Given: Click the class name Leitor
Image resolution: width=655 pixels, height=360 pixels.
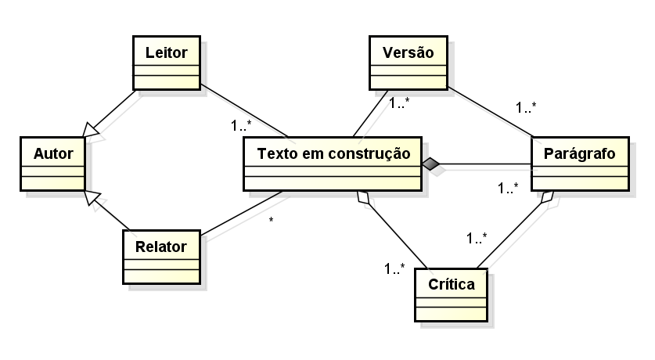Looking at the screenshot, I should point(166,52).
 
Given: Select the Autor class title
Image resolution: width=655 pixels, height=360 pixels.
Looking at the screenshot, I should point(52,153).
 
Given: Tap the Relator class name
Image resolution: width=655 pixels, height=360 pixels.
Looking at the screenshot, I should point(160,247).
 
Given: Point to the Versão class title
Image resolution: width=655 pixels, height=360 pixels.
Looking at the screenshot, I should point(408,52).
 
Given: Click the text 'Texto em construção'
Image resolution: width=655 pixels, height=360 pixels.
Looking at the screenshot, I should point(333,153).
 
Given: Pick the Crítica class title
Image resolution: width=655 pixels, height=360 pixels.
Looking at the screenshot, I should point(451,284).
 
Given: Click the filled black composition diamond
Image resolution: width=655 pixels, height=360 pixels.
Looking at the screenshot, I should point(430,164).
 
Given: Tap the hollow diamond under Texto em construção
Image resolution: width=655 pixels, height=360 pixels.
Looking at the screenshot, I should point(362,198).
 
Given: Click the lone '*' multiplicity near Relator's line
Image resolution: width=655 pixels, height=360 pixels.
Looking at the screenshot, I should point(271,221).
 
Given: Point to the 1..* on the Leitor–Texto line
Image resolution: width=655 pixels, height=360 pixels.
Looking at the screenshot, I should point(241,124).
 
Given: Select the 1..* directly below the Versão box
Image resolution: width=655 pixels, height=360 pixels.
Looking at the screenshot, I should point(399,102).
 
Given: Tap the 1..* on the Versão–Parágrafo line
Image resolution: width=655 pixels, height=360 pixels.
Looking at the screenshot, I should point(526,107).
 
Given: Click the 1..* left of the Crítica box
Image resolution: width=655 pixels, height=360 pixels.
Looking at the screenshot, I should point(394,268).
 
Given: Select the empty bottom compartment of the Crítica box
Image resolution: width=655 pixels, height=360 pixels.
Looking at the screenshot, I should point(451,313).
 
